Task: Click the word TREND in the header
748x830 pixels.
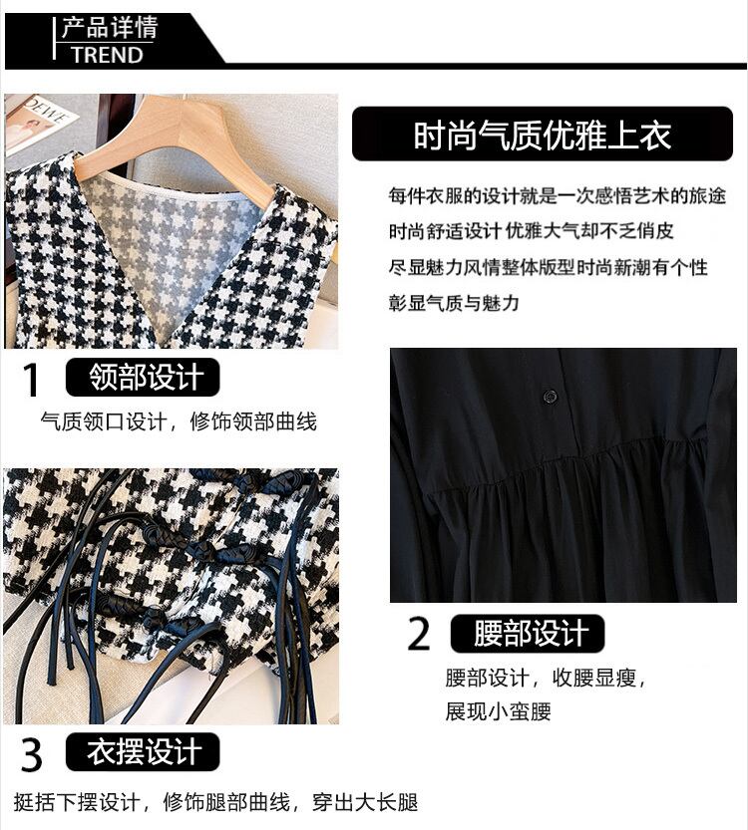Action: (108, 55)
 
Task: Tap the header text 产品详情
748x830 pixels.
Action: (110, 28)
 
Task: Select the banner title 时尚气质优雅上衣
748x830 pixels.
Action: (543, 135)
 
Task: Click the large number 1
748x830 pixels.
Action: (31, 379)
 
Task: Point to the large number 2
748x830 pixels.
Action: (419, 634)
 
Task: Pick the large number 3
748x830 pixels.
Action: (32, 754)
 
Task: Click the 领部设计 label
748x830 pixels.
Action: (143, 377)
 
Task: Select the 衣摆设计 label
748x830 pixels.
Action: (143, 751)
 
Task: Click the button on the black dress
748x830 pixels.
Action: (550, 395)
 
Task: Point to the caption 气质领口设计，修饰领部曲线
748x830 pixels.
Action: (179, 421)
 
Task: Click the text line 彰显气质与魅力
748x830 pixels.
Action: (454, 303)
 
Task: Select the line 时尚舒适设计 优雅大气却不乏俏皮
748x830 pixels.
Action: (532, 231)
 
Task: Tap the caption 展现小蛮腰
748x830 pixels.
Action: (498, 711)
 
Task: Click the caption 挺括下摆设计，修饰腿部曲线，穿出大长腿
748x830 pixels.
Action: (215, 802)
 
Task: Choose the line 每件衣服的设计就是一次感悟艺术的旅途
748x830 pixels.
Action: (557, 196)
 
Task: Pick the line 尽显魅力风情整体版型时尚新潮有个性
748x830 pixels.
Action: (549, 267)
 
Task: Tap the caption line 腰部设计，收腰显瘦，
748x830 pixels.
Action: (546, 678)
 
